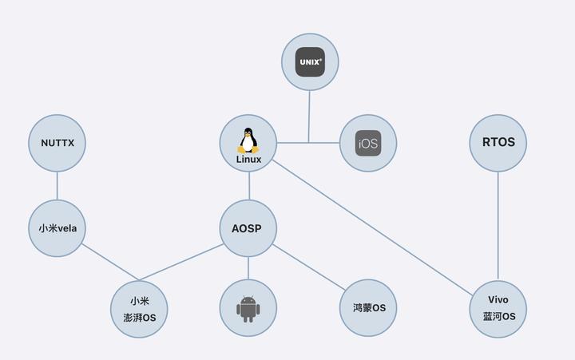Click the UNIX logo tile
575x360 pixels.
click(310, 61)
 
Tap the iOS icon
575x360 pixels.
click(368, 144)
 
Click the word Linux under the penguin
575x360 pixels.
click(248, 159)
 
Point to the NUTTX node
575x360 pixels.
click(57, 143)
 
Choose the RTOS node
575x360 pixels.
click(498, 143)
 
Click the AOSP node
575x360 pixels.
click(248, 229)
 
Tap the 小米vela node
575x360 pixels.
click(57, 228)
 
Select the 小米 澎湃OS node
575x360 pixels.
click(139, 309)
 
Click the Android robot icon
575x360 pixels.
click(248, 308)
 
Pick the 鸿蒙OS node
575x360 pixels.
click(368, 308)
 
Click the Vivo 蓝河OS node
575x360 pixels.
click(498, 308)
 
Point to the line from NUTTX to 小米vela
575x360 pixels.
click(57, 186)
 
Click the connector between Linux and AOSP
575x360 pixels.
click(248, 186)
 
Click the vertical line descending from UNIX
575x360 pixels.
click(310, 116)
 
